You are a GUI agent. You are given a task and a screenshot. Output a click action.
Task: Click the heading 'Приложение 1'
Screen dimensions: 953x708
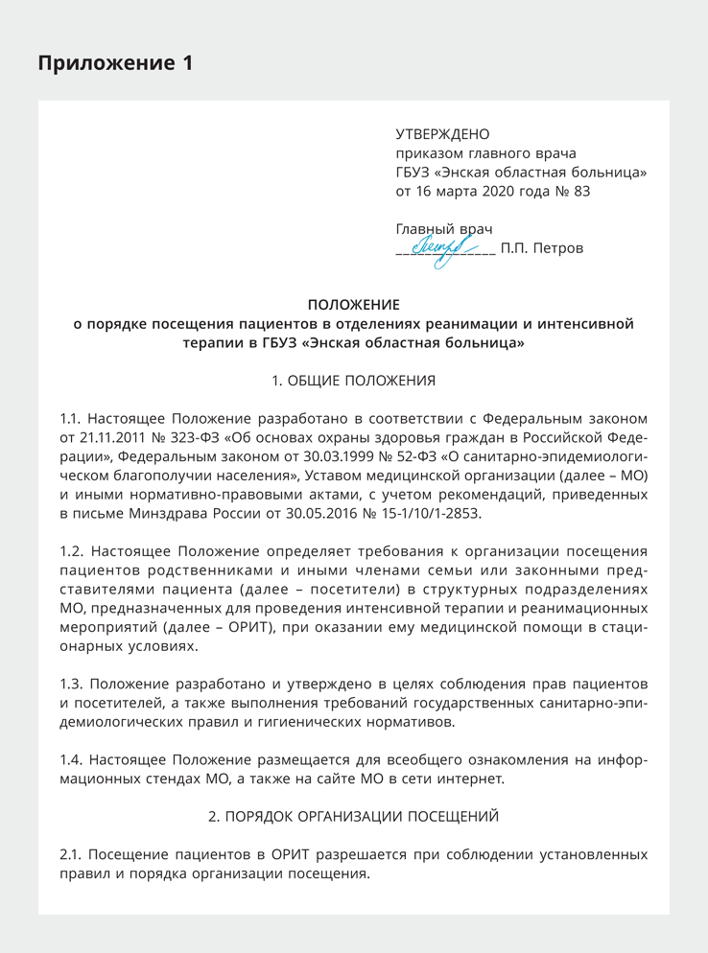pos(115,63)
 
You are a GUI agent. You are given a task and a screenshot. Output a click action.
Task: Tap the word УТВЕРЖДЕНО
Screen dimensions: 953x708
pos(442,134)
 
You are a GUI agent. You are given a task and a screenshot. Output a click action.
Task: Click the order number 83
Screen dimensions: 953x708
pos(581,191)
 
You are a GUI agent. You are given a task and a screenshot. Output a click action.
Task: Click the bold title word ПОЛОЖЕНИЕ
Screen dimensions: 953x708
pos(353,305)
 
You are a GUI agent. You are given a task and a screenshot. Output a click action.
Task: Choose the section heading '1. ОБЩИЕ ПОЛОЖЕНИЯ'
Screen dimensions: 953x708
pos(353,381)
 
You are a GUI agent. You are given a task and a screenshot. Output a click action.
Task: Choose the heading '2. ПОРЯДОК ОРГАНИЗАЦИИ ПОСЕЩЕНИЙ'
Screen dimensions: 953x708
pos(353,817)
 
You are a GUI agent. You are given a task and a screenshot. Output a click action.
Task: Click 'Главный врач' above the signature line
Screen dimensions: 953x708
pos(443,229)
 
